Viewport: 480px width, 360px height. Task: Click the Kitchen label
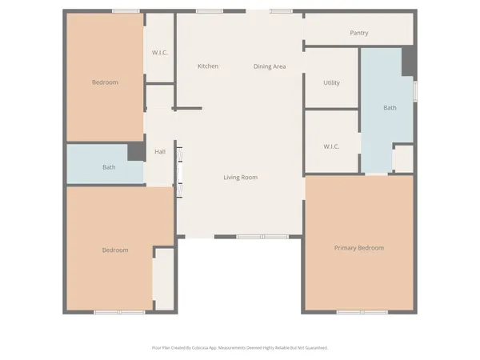[x=208, y=66]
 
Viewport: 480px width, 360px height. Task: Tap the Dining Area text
[x=270, y=66]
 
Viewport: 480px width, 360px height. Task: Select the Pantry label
[x=358, y=33]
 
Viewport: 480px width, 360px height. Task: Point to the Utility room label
[x=332, y=83]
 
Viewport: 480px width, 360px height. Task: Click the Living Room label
[x=240, y=177]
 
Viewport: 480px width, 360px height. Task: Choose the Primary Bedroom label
[x=358, y=248]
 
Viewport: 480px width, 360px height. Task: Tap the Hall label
[x=160, y=151]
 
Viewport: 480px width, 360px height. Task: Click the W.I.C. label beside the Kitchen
[x=160, y=53]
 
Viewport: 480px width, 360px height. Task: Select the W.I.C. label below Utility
[x=332, y=146]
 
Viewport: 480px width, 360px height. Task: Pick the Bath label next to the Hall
[x=109, y=167]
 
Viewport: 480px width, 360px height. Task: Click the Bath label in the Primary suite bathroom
[x=390, y=107]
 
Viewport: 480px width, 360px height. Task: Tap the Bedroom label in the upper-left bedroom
[x=105, y=82]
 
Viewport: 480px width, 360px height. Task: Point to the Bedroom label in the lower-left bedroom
[x=115, y=250]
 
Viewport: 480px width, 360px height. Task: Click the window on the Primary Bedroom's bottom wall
[x=357, y=311]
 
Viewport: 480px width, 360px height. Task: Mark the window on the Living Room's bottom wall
[x=262, y=237]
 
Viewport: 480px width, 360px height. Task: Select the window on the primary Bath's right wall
[x=414, y=90]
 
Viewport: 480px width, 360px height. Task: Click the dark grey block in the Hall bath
[x=135, y=153]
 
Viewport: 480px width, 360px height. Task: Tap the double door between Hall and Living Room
[x=178, y=172]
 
